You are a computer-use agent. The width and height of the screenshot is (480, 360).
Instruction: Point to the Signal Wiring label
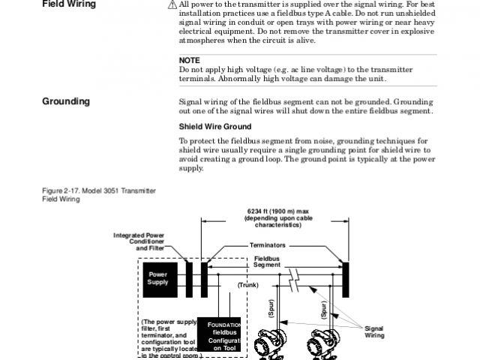tap(373, 332)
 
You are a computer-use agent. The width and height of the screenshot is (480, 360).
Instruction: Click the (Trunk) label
tap(247, 285)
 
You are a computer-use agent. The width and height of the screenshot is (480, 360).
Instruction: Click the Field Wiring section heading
tap(69, 4)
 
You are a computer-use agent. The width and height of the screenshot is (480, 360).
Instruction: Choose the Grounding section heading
tap(66, 101)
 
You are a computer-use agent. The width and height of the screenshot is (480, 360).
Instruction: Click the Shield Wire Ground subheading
tap(215, 126)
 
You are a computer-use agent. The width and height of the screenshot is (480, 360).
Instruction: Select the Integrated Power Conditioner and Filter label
tap(139, 241)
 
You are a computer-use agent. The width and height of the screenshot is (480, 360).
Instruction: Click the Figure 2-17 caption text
tap(98, 195)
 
